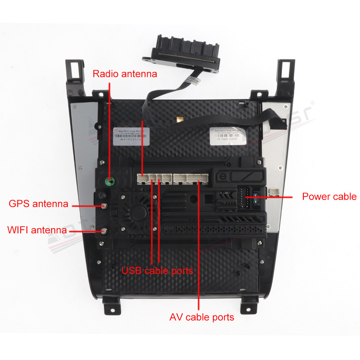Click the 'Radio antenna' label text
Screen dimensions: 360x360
click(x=125, y=74)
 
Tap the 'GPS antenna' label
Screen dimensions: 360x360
click(x=38, y=204)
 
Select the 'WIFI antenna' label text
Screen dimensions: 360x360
click(x=37, y=230)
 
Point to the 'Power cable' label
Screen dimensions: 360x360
click(x=329, y=197)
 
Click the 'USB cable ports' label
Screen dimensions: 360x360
click(x=157, y=270)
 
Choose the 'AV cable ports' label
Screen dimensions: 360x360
click(x=202, y=317)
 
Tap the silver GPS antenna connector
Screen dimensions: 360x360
click(x=104, y=206)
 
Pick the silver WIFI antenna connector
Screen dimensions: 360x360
click(x=104, y=231)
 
